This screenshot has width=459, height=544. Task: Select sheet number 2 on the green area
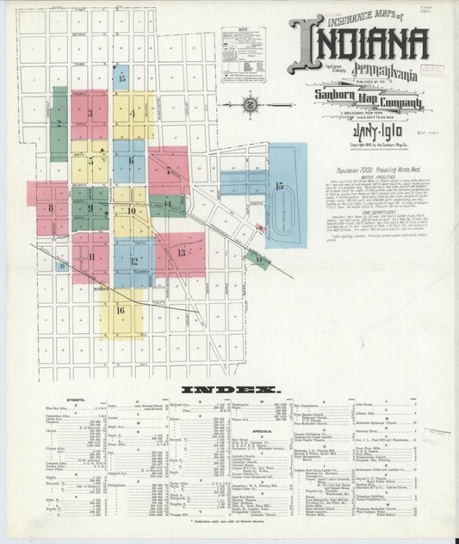(59, 123)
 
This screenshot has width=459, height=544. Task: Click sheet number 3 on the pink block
(90, 113)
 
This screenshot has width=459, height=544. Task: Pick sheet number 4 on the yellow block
(133, 114)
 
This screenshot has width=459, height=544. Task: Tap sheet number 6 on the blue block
(131, 160)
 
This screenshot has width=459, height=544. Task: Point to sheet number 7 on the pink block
(168, 171)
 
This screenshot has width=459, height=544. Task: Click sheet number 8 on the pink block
(51, 207)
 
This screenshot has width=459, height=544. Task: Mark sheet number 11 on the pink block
(90, 257)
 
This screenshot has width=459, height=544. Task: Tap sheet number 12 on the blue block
(133, 261)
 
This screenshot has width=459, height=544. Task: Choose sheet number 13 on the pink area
(181, 253)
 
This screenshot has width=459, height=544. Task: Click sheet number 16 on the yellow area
(121, 311)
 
